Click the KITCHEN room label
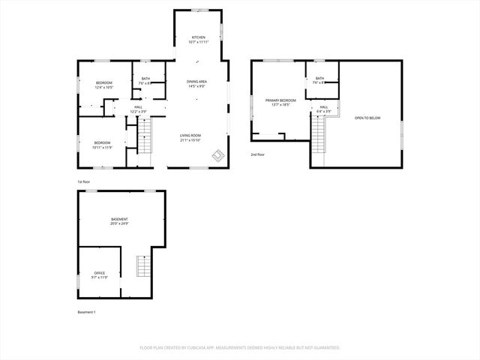[x=198, y=40]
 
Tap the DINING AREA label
[x=197, y=83]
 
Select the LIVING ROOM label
[x=190, y=137]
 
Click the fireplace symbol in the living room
[x=218, y=155]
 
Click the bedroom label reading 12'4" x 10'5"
[x=103, y=85]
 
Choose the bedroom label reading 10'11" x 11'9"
[x=102, y=145]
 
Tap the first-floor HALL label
[x=139, y=109]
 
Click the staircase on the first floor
[x=145, y=138]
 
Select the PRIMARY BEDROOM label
[x=280, y=102]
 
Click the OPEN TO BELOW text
[x=367, y=118]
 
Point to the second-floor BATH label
[x=319, y=80]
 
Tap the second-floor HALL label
[x=324, y=109]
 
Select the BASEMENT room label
[x=119, y=221]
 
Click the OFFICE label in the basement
[x=100, y=274]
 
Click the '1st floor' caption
[x=83, y=182]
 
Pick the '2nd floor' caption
[x=257, y=154]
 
